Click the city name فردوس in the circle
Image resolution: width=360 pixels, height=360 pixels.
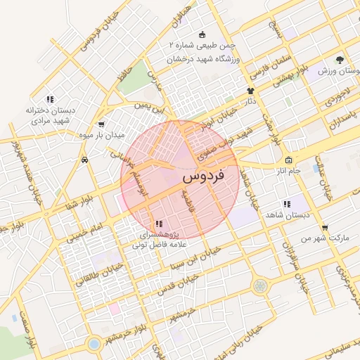[x=202, y=176]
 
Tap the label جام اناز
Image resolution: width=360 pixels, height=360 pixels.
[x=288, y=171]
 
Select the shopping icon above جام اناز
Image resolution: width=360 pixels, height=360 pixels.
[x=288, y=160]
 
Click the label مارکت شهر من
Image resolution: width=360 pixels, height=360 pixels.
[x=325, y=238]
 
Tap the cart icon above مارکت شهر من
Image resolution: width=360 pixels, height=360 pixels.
[x=324, y=227]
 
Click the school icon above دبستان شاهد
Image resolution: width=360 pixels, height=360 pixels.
[x=286, y=204]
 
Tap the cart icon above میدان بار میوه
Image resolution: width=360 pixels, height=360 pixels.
[x=102, y=124]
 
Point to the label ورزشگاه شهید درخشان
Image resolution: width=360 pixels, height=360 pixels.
[x=204, y=59]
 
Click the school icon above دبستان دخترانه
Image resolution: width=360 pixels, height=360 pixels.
[x=49, y=99]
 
